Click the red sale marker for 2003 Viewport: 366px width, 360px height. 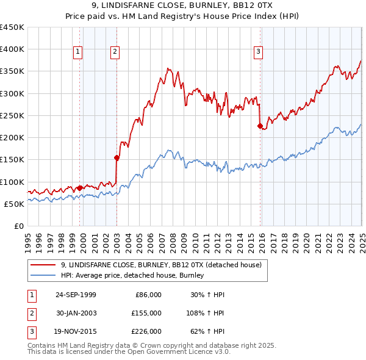[117, 157]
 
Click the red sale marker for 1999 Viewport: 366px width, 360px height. [80, 188]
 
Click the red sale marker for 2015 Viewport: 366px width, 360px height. [260, 126]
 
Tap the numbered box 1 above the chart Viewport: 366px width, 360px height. [79, 52]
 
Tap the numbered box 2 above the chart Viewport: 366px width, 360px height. [115, 52]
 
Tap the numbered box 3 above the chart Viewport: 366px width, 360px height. [259, 52]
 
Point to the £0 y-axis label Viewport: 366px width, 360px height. [19, 226]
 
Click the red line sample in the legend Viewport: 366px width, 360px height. [43, 265]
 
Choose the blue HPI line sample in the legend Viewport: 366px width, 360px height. [43, 276]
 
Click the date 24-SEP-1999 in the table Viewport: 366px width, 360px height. [76, 295]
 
